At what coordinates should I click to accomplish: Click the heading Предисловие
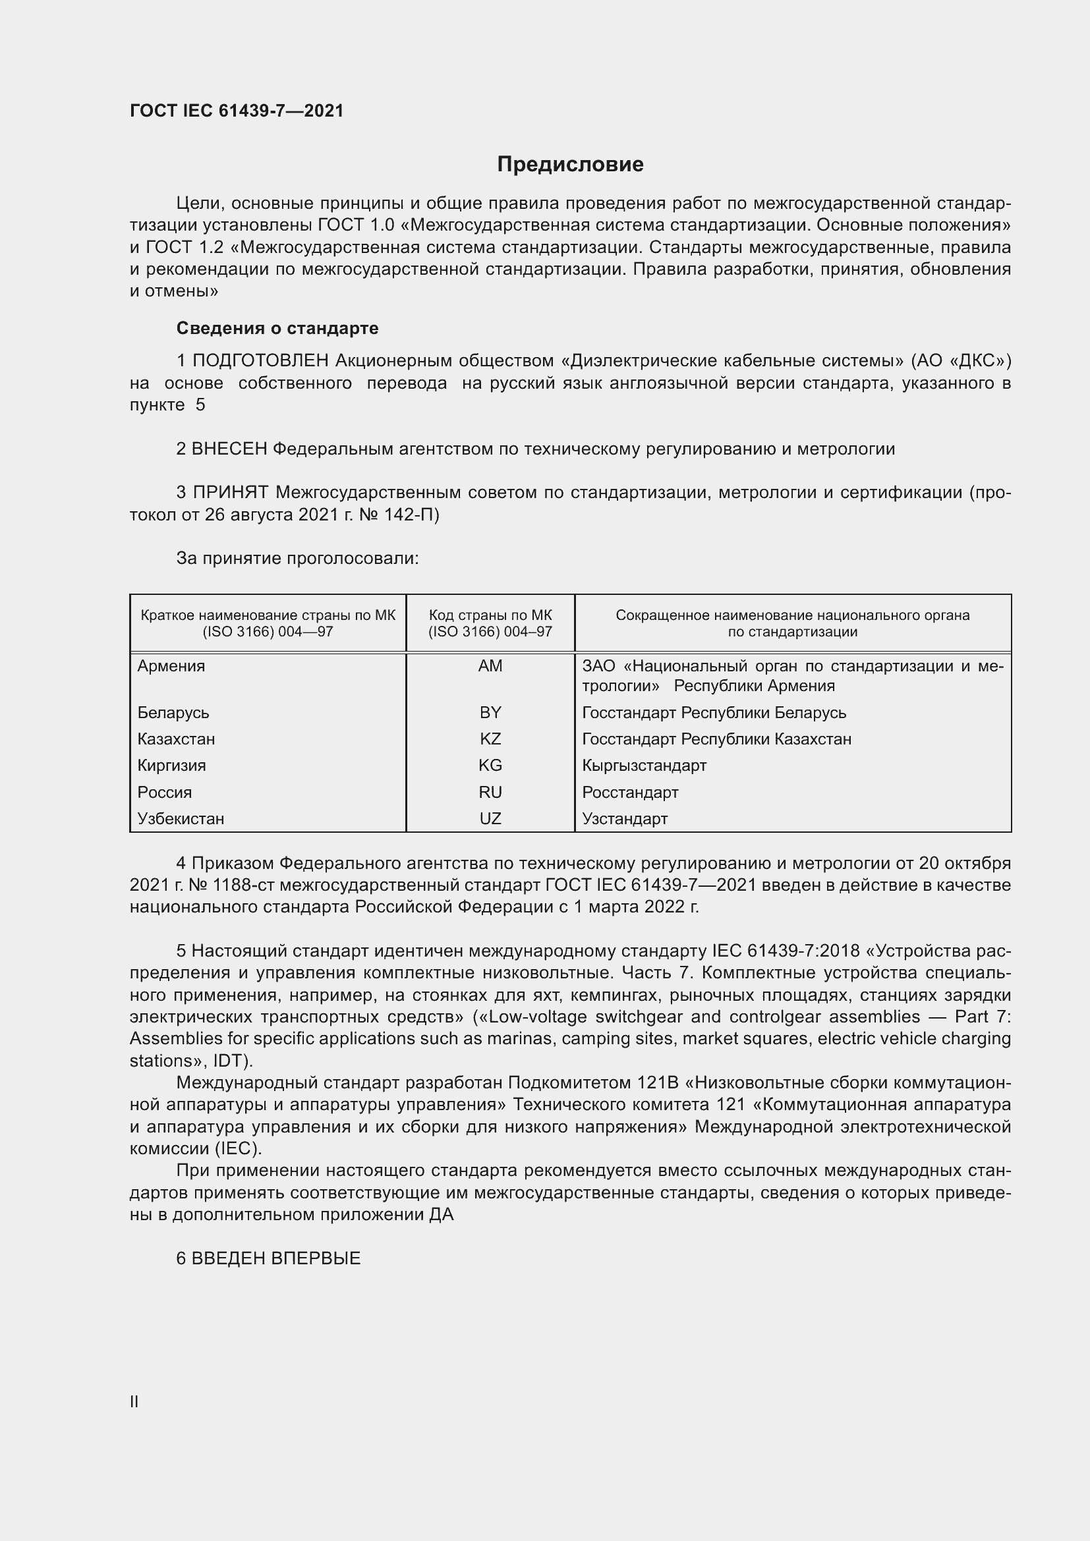click(570, 165)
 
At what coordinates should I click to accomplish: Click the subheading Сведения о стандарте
click(277, 328)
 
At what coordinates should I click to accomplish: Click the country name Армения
click(171, 666)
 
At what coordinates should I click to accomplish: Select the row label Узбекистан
click(181, 818)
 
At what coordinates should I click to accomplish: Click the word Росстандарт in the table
click(629, 792)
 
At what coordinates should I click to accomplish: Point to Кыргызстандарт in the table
click(644, 765)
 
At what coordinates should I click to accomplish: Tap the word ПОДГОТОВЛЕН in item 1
click(260, 361)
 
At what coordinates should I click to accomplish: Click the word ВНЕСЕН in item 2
click(229, 449)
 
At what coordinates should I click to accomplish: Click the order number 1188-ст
click(243, 885)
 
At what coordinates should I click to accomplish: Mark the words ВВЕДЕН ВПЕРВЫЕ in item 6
click(276, 1258)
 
